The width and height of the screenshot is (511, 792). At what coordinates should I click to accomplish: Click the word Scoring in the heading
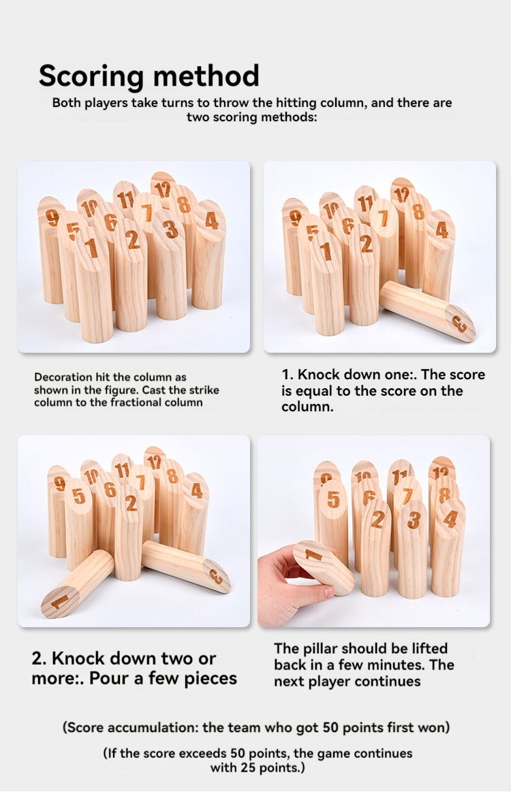pos(91,76)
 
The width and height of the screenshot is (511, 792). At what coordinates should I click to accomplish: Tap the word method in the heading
pos(206,76)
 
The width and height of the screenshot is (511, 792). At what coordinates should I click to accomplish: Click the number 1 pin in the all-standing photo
pos(93,283)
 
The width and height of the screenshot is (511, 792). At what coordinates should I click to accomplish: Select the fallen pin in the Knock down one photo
pos(428,311)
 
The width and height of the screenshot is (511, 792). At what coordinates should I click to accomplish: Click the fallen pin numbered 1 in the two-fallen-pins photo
pos(77,584)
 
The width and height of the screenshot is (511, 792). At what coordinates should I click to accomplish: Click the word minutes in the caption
pos(397,665)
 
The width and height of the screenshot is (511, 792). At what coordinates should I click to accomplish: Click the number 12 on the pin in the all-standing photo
pos(163,189)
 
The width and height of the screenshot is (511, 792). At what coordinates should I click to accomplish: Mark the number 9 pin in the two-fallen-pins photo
pos(59,510)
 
